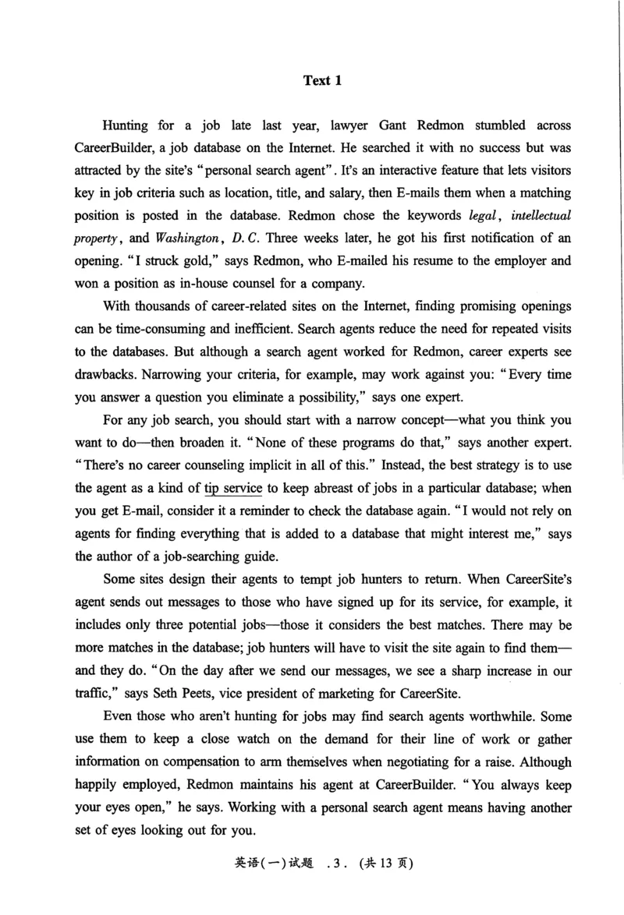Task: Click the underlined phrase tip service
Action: point(235,489)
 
